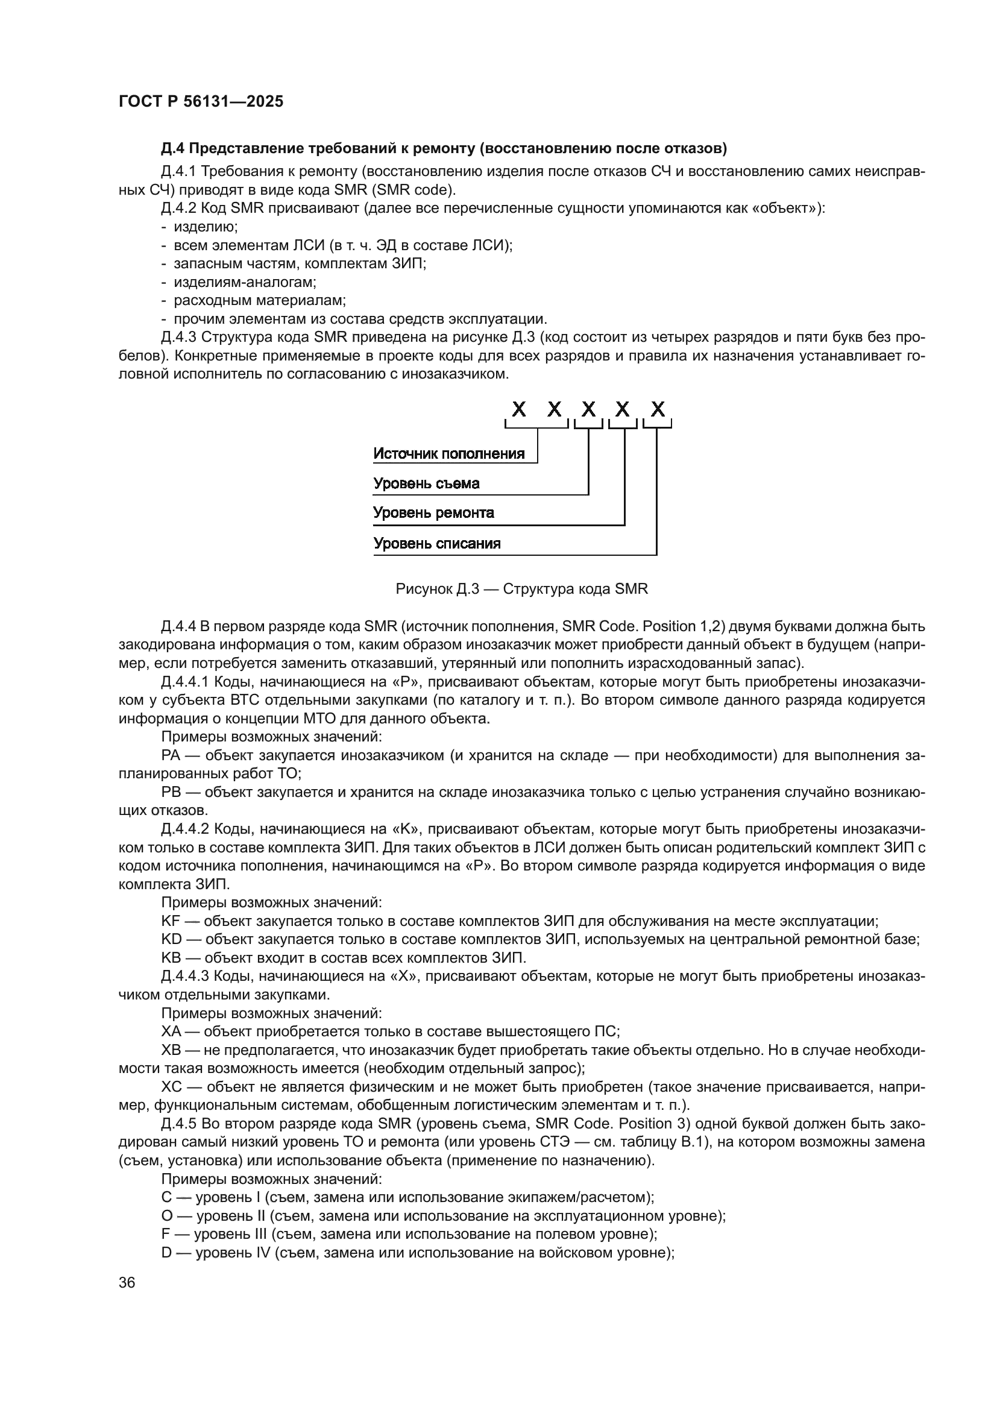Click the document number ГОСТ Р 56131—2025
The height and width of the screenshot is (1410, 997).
pos(201,102)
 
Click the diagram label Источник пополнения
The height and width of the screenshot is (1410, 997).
pos(449,454)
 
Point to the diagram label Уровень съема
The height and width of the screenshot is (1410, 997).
pos(426,484)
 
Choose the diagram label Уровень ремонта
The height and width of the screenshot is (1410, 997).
pos(433,513)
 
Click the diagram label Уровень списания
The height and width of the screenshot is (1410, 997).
pos(436,544)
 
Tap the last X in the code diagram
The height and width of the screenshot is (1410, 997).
pos(658,409)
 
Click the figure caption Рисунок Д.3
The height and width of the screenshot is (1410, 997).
pos(521,589)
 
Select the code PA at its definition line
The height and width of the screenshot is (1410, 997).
pos(171,755)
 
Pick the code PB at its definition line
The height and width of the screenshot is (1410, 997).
pos(171,792)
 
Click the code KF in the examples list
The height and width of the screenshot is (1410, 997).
pos(170,921)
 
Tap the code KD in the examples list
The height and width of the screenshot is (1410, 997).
pos(171,939)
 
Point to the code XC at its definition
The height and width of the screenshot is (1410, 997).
pos(171,1087)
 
